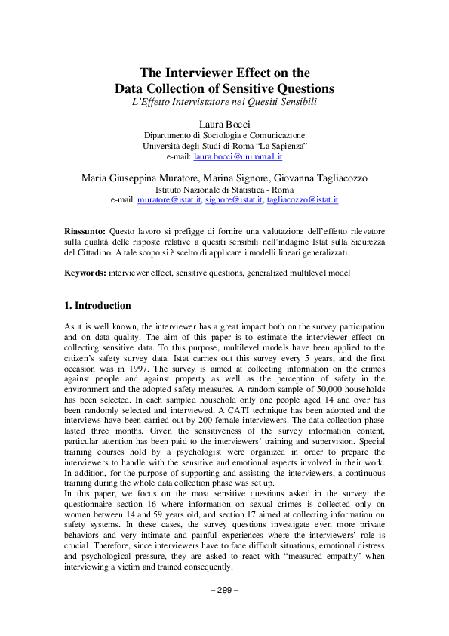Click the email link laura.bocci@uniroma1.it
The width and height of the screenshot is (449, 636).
point(238,156)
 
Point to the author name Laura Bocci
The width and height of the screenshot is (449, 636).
point(224,122)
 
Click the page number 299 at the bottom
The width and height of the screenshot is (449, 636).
point(224,610)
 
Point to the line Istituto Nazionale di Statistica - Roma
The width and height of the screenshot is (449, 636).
point(224,190)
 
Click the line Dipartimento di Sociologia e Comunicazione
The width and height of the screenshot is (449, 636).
point(224,134)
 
